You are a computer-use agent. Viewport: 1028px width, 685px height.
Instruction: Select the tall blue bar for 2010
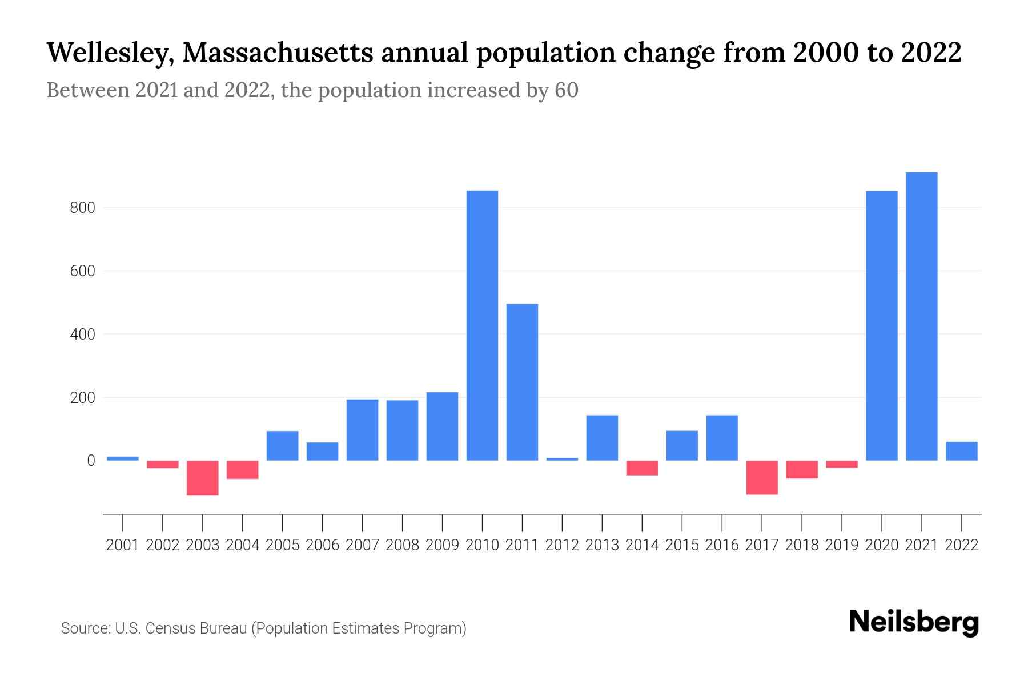point(482,325)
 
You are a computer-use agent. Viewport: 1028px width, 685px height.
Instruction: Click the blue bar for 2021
point(921,316)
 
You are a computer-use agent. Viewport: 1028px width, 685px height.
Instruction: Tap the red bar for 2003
point(203,478)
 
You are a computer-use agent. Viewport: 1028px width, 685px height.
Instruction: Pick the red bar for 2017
point(762,477)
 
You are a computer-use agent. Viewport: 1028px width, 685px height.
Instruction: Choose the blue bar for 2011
point(522,382)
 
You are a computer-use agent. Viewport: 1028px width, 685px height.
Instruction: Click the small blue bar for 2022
point(961,451)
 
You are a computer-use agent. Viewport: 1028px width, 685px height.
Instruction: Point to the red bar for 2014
point(642,468)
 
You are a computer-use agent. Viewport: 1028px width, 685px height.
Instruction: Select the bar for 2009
point(442,426)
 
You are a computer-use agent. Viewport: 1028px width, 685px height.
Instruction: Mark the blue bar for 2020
point(881,325)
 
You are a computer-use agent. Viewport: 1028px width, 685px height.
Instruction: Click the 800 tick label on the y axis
point(82,208)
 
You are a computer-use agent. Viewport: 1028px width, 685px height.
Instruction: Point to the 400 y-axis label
point(82,335)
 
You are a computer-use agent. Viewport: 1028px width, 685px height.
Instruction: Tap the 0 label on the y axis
point(91,461)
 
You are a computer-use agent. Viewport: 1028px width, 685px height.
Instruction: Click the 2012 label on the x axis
point(562,545)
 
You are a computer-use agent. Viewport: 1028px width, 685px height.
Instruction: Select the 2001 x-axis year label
point(123,545)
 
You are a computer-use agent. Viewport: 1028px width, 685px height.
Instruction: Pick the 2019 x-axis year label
point(842,545)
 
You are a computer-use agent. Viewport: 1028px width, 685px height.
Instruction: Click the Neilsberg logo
point(914,622)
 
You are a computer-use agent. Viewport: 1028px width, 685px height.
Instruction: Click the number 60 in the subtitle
point(566,90)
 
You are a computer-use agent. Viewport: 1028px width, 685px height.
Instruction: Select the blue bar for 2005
point(282,445)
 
